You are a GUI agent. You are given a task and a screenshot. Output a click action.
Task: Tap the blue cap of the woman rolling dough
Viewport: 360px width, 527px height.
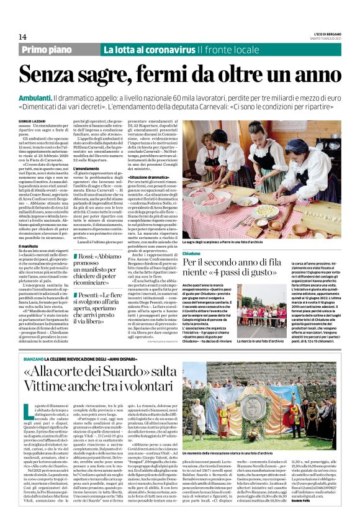(292, 127)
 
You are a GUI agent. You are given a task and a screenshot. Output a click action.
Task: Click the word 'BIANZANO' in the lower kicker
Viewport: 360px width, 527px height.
(33, 360)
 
